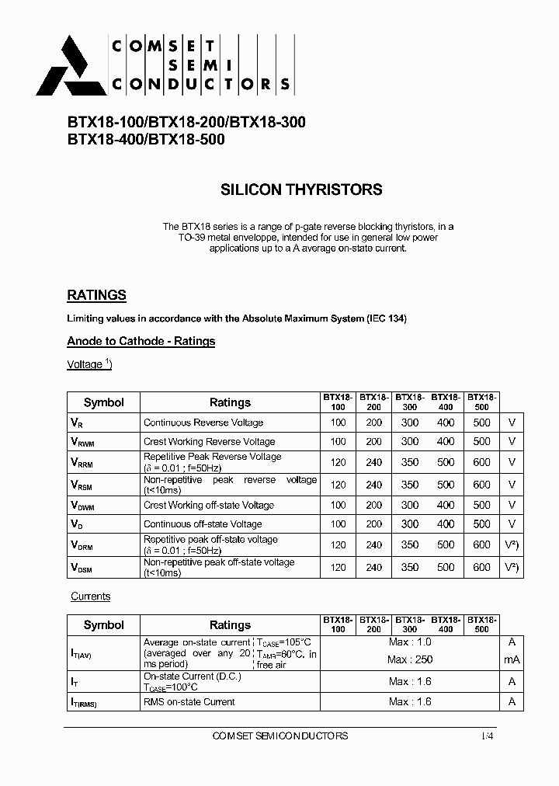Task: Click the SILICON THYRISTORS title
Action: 301,190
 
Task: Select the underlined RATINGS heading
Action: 96,295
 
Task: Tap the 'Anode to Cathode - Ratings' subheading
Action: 141,341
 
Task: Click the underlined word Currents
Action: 91,596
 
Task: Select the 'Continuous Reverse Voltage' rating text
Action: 203,423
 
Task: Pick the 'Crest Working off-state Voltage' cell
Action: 209,505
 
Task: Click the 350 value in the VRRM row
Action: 409,463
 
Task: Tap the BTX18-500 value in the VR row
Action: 481,423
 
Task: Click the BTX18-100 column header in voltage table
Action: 338,402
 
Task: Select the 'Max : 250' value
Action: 411,659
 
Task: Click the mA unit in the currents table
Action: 511,659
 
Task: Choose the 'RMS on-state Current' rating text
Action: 189,701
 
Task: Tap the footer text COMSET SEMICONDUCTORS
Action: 279,736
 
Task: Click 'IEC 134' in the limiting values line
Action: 386,318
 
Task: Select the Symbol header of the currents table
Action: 103,624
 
